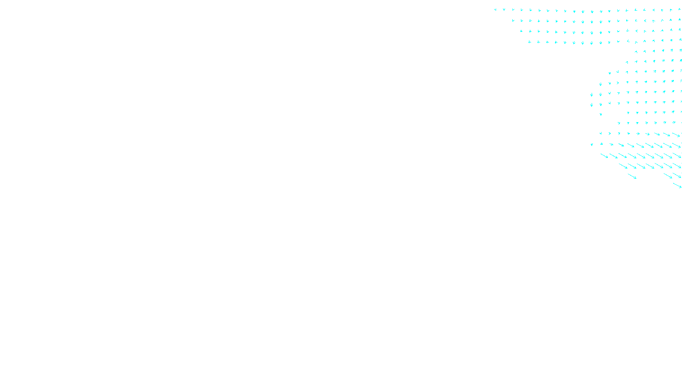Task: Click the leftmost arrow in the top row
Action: (x=495, y=9)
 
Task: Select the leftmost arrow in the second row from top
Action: (x=513, y=20)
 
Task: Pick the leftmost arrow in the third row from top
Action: (x=521, y=31)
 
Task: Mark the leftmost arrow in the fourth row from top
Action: (x=530, y=42)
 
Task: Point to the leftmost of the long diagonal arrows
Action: (x=604, y=156)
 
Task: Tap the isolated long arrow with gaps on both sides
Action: (x=632, y=176)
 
